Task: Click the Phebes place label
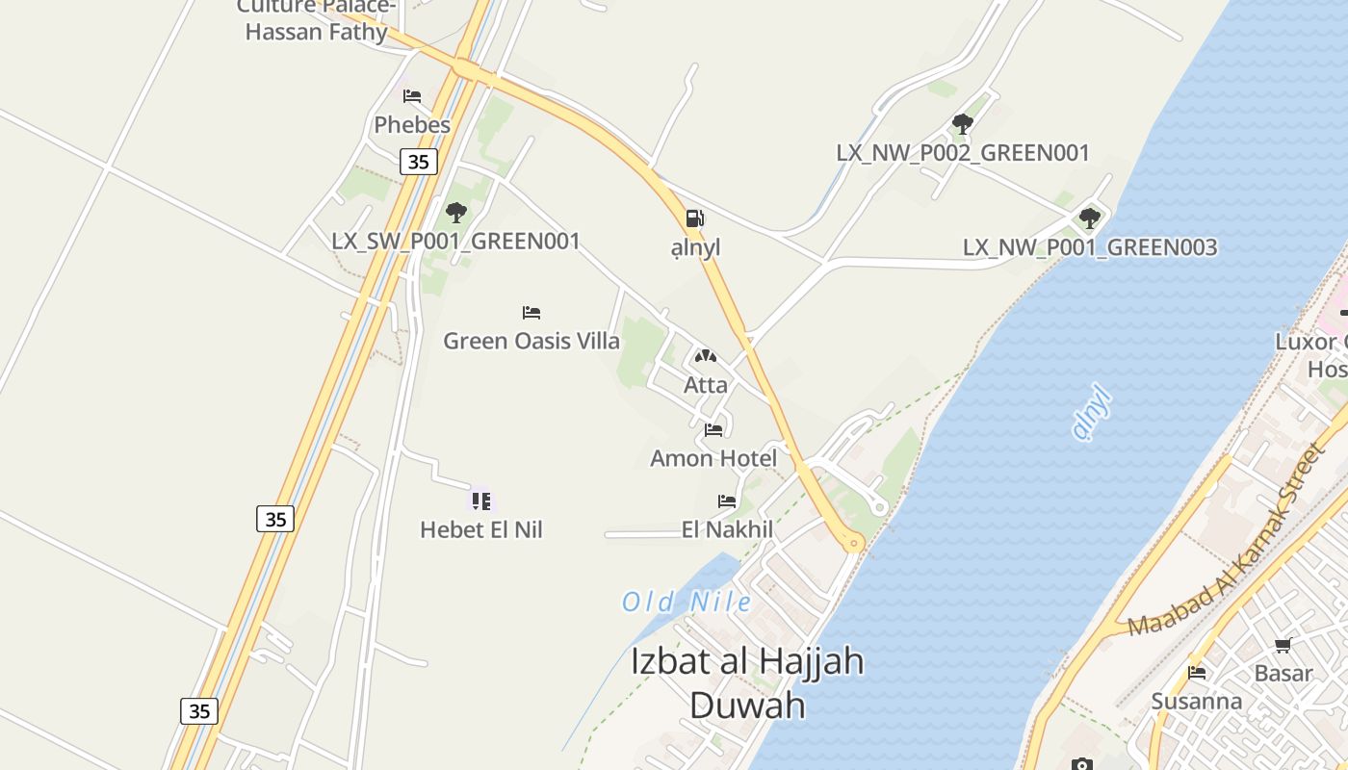click(x=412, y=125)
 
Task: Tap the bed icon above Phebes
click(x=412, y=96)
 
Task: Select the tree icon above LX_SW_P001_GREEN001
click(x=456, y=213)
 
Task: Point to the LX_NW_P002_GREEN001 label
click(x=963, y=153)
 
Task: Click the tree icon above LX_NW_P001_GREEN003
click(x=1090, y=218)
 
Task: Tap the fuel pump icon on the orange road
click(x=695, y=218)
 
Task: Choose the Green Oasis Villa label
click(x=531, y=341)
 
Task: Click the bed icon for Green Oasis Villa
click(x=531, y=313)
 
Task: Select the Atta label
click(x=706, y=385)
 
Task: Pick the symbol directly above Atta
click(x=706, y=357)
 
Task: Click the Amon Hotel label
click(x=713, y=458)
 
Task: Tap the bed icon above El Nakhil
click(x=727, y=501)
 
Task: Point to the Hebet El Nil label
click(x=481, y=529)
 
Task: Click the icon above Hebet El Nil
click(x=481, y=500)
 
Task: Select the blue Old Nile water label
click(x=687, y=603)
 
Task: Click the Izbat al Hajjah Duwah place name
click(x=747, y=683)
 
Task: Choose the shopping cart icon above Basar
click(x=1283, y=646)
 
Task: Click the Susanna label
click(x=1197, y=701)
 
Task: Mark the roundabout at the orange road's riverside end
click(x=852, y=545)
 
